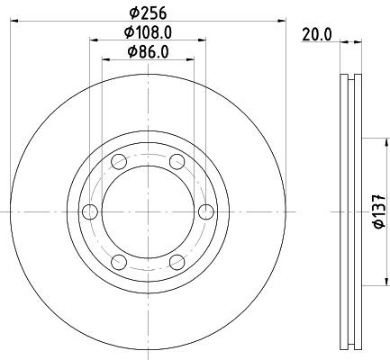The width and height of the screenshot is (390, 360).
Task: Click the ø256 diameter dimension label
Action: [147, 12]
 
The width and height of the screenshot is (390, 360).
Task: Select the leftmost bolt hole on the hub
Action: [89, 211]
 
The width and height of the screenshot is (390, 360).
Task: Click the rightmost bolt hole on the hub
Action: [206, 211]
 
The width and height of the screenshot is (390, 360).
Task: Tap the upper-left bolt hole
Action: [119, 161]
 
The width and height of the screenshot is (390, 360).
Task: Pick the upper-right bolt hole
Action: [177, 161]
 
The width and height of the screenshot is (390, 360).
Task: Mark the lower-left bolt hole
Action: [119, 262]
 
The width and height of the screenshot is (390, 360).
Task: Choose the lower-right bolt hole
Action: [177, 262]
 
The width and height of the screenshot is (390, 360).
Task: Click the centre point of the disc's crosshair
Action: [148, 211]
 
